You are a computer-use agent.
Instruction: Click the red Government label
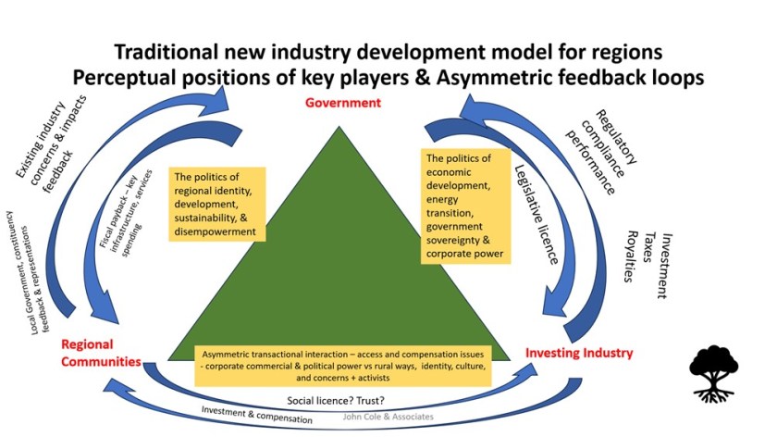click(342, 103)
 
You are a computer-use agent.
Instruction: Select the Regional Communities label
click(102, 353)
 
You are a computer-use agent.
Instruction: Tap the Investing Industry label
click(579, 353)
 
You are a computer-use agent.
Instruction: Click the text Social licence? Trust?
click(337, 401)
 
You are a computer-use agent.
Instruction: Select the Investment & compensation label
click(253, 414)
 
